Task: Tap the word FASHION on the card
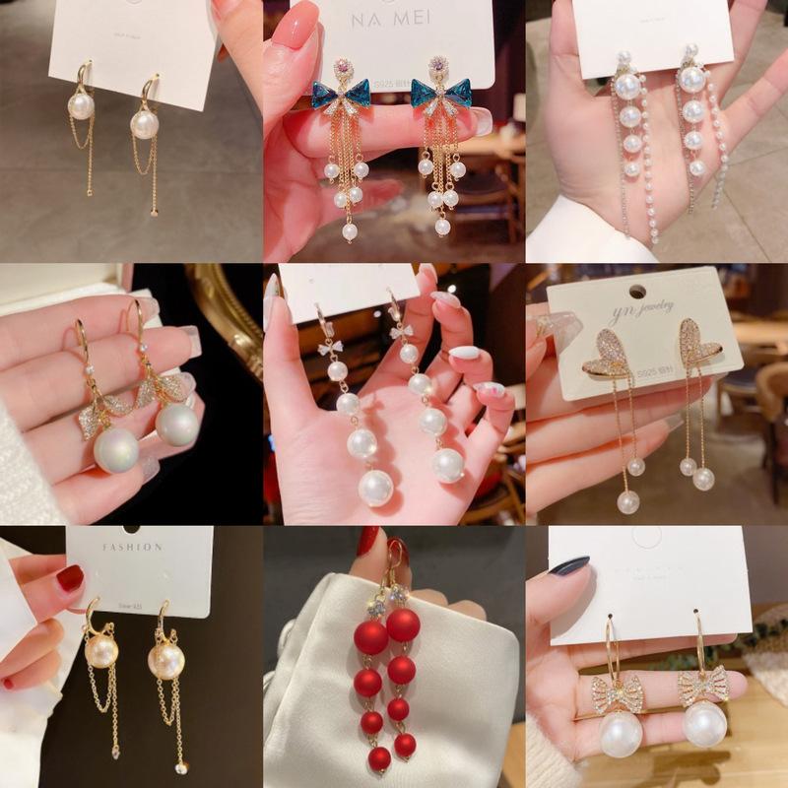130,547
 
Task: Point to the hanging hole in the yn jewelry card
638,292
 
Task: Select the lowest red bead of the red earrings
379,757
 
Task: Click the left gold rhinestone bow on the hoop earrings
617,691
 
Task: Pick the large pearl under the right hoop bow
704,723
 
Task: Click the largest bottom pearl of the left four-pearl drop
375,487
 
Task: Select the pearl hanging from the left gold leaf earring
116,449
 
